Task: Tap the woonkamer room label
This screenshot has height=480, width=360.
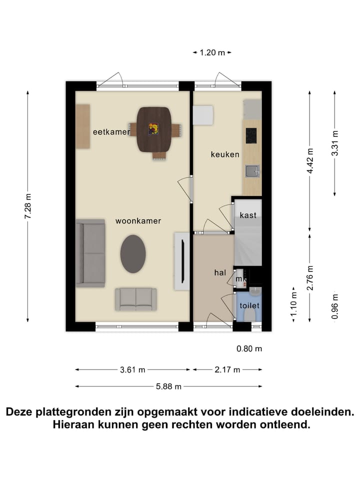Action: (x=138, y=220)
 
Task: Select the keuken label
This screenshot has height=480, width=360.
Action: (x=225, y=154)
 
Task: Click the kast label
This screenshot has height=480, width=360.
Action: (x=248, y=215)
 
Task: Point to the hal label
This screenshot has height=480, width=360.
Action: (x=220, y=272)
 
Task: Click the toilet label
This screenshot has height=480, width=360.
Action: (x=249, y=305)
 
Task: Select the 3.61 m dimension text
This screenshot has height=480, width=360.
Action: (x=132, y=370)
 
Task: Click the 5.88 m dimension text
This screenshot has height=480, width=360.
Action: (x=168, y=386)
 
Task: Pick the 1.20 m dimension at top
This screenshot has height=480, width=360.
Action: (x=212, y=52)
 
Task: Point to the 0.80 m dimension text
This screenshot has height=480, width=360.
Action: (x=249, y=349)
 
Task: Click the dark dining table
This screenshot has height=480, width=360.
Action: (x=154, y=129)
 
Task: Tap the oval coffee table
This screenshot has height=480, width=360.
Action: (x=133, y=253)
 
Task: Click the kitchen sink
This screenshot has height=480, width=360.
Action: (x=251, y=171)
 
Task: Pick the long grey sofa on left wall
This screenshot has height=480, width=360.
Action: (x=90, y=253)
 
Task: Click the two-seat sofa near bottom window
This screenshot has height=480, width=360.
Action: (x=136, y=299)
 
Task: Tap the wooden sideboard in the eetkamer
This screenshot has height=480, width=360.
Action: (x=83, y=126)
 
